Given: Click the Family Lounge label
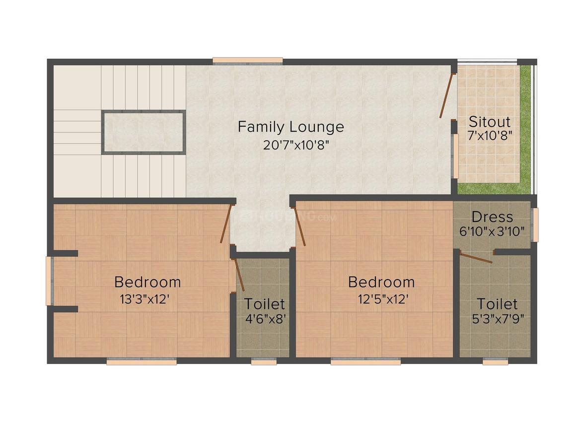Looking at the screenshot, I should click(290, 127).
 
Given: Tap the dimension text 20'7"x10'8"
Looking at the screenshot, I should click(290, 145).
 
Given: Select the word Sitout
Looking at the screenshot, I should click(490, 122).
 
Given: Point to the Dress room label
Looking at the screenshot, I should click(492, 217).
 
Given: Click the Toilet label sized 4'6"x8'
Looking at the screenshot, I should click(265, 303).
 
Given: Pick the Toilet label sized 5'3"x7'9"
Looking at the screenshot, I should click(497, 303).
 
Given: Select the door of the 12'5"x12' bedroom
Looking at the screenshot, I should click(299, 226).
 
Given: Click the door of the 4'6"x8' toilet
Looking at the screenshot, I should click(239, 274).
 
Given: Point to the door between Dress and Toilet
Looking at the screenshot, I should click(476, 258).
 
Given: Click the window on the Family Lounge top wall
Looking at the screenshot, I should click(248, 61).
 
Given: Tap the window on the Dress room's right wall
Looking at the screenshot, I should click(534, 224).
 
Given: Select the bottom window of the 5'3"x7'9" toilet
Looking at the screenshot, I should click(495, 362).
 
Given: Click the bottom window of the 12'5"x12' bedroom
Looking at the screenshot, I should click(365, 362).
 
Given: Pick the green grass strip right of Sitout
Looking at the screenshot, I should click(525, 129).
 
